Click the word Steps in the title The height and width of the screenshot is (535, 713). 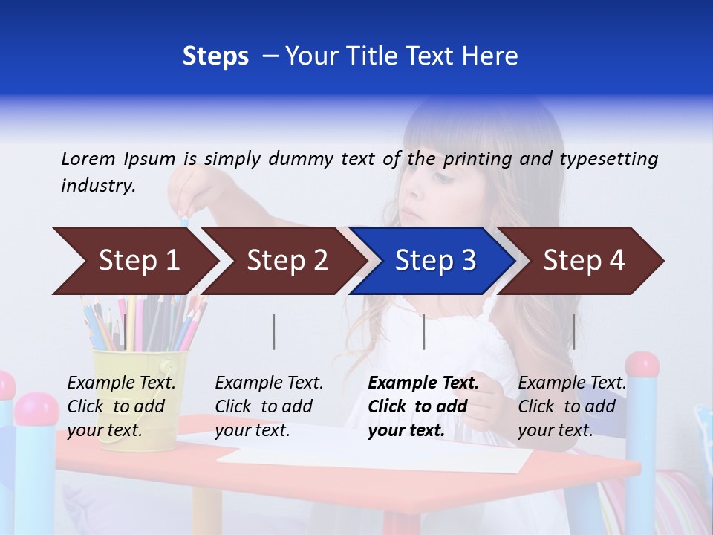pyautogui.click(x=215, y=56)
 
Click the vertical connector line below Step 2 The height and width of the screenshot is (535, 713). pyautogui.click(x=274, y=331)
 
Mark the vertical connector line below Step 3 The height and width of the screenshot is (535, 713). pyautogui.click(x=423, y=331)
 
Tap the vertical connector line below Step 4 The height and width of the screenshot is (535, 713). pyautogui.click(x=573, y=331)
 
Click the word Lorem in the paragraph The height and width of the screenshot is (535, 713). pyautogui.click(x=88, y=158)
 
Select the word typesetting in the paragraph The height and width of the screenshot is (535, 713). pyautogui.click(x=608, y=159)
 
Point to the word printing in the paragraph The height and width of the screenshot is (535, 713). pyautogui.click(x=479, y=159)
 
